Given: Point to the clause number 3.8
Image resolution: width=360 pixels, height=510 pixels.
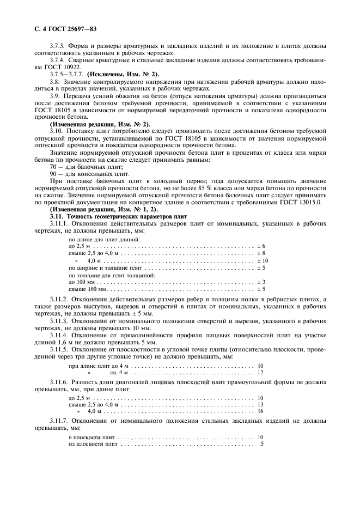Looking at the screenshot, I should coord(54,81).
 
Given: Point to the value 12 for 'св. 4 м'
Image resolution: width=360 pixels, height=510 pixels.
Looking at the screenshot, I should coord(260,372).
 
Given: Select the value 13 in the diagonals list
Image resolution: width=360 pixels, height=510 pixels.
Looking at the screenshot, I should coord(260,405).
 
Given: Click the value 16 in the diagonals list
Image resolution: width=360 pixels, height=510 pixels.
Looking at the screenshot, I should coord(260,411).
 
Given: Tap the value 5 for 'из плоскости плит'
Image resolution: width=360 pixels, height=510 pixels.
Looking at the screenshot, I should coord(262,444).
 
